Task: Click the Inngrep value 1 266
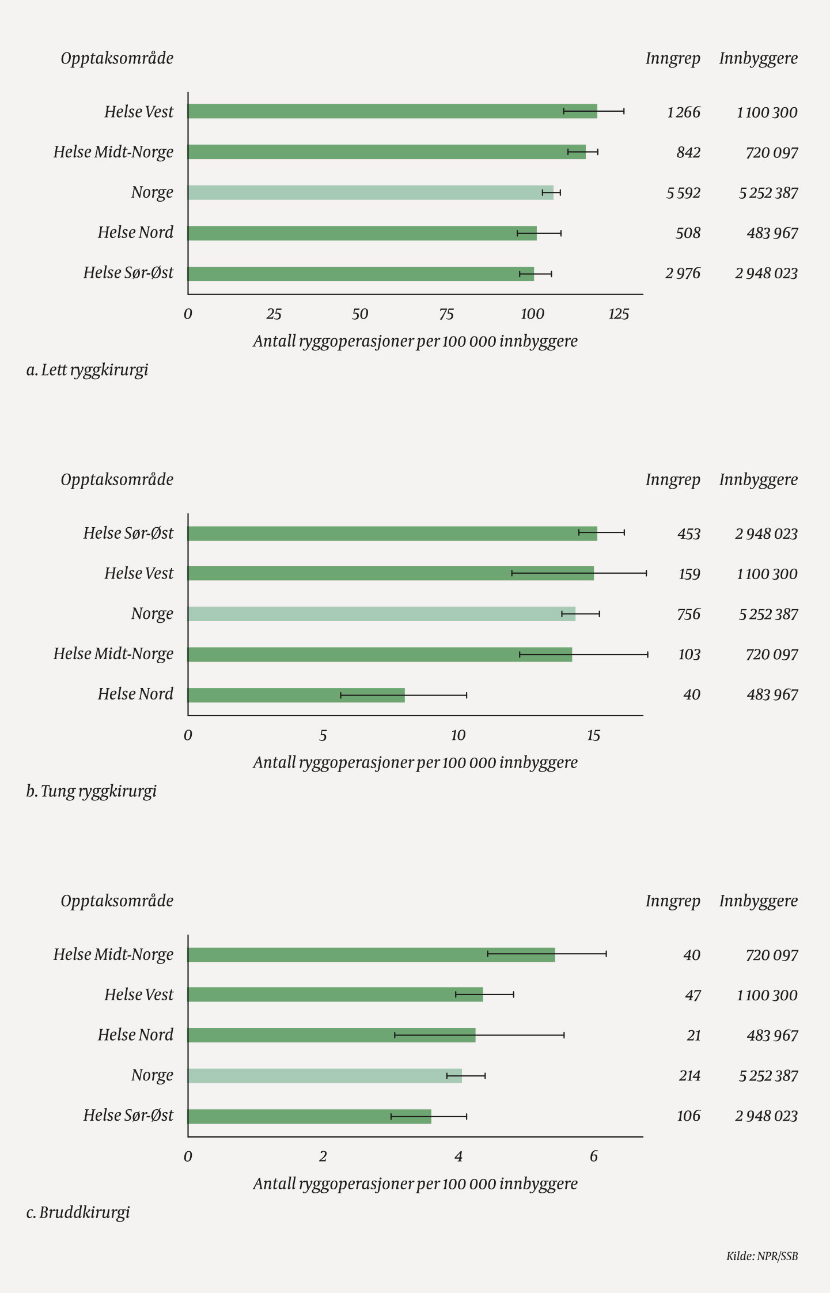click(x=683, y=112)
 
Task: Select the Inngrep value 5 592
click(x=683, y=193)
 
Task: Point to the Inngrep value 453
click(x=688, y=534)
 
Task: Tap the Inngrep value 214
click(x=689, y=1076)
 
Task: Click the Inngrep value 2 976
click(x=683, y=273)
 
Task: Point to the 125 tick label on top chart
click(x=619, y=314)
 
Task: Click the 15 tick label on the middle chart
click(x=593, y=735)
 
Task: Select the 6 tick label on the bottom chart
click(x=593, y=1156)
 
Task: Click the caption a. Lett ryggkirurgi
click(x=87, y=370)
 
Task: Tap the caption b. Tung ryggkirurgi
click(x=91, y=791)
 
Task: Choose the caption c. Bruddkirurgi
click(x=78, y=1212)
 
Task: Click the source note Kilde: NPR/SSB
click(x=761, y=1256)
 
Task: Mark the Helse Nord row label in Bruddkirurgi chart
click(x=135, y=1035)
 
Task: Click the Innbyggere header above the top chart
click(x=758, y=58)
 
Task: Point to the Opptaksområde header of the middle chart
click(x=117, y=479)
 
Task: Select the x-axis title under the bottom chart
click(x=415, y=1184)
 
